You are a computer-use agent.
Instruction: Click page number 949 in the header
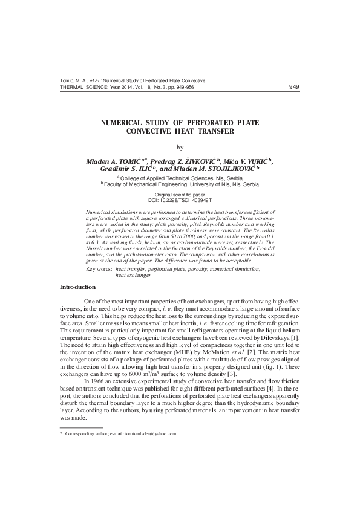point(294,86)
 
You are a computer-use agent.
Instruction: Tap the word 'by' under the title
point(179,147)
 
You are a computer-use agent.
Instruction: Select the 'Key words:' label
point(99,268)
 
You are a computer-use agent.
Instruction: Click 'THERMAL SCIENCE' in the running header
point(81,87)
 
